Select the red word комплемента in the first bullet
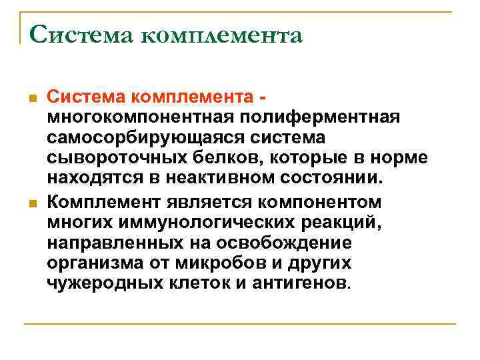[x=193, y=97]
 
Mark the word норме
[x=397, y=159]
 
